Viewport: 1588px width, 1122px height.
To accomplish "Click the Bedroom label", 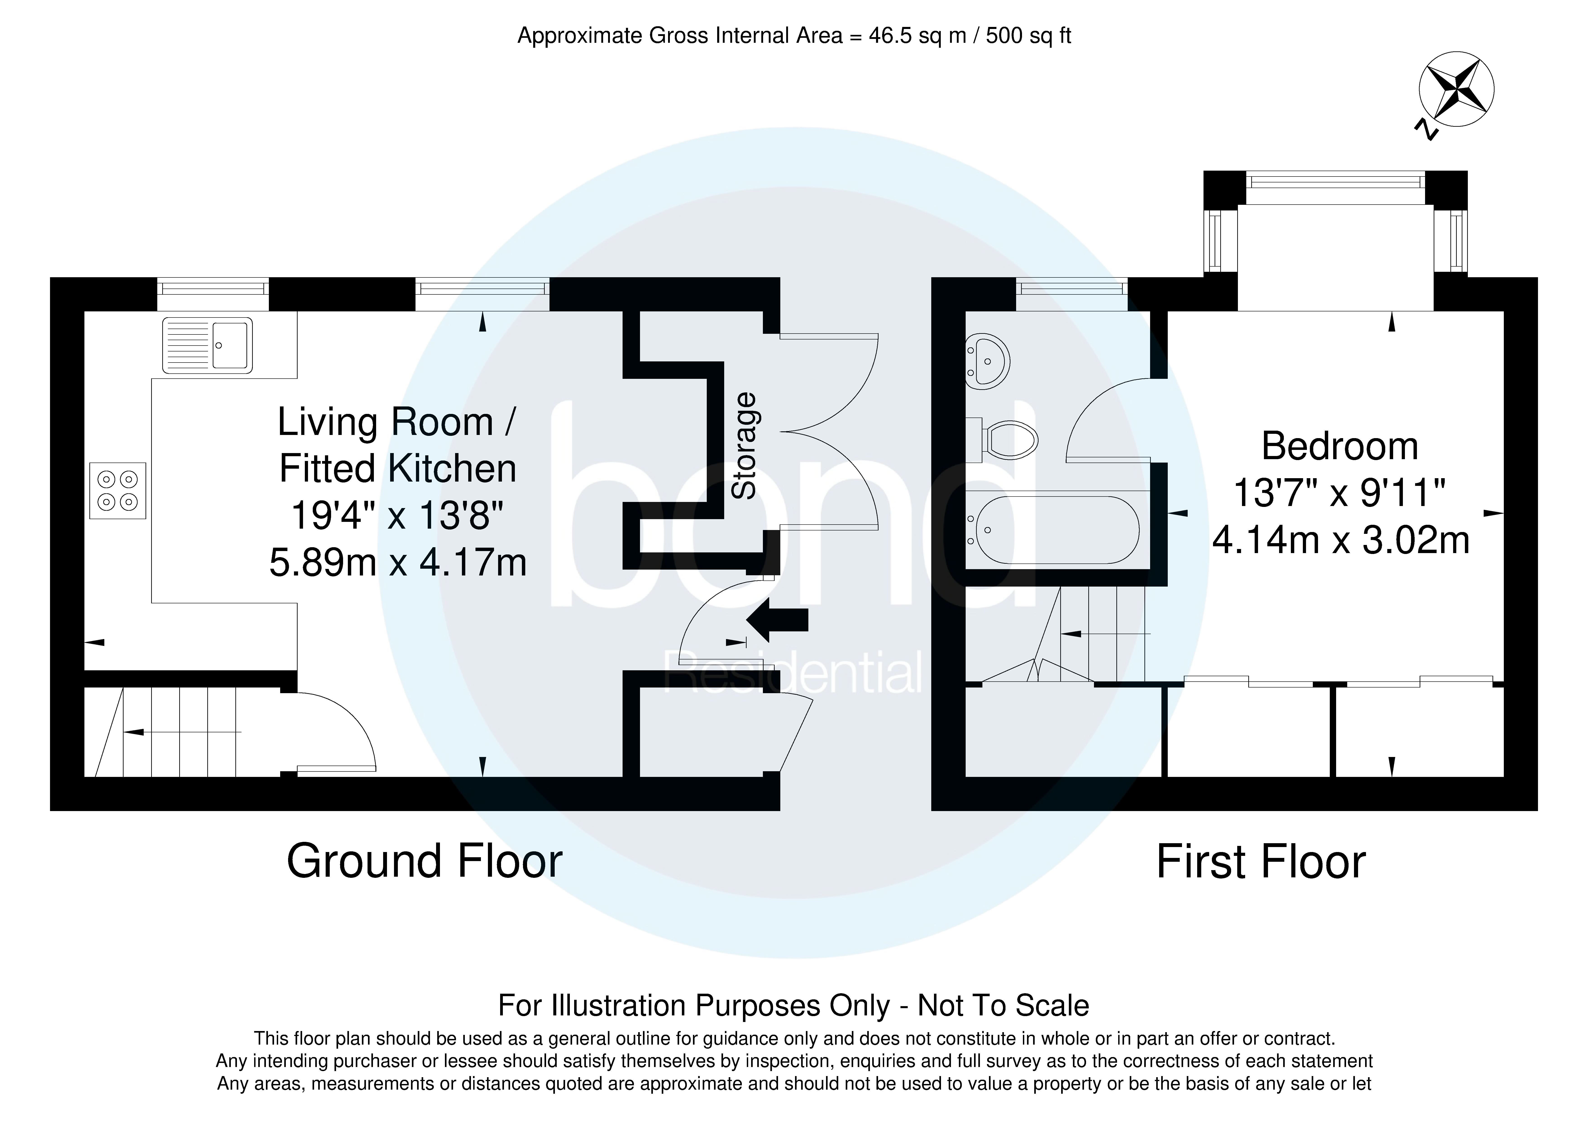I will pos(1340,446).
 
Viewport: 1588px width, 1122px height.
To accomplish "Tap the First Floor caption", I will pos(1261,862).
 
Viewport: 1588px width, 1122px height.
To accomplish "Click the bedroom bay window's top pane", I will pos(1335,181).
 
